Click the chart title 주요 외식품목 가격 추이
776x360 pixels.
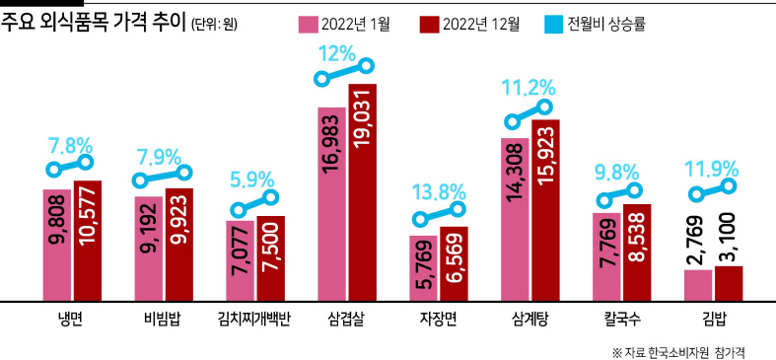(93, 24)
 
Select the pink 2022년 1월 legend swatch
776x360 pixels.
(308, 24)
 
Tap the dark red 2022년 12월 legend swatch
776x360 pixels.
(429, 24)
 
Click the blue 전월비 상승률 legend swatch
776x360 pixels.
(554, 24)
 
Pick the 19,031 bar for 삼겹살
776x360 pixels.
(362, 192)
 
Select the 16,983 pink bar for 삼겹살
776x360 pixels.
(331, 204)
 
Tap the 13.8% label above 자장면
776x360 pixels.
(439, 192)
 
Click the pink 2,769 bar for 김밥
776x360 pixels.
(698, 285)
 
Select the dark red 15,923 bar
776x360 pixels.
(545, 210)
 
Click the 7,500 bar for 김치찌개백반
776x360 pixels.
(271, 258)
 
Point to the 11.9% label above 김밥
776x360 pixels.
(712, 170)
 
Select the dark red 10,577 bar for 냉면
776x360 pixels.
(88, 241)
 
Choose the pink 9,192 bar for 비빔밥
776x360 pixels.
(149, 249)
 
